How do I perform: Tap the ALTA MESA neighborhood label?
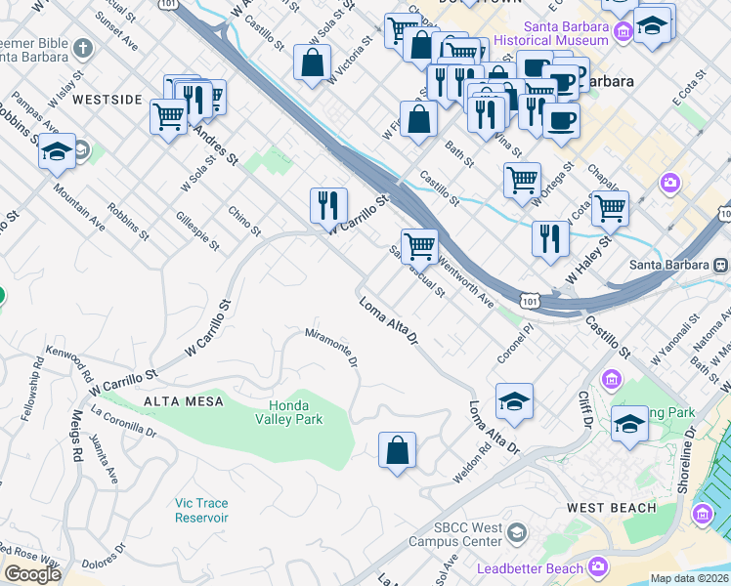pyautogui.click(x=184, y=401)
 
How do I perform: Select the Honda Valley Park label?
pyautogui.click(x=288, y=412)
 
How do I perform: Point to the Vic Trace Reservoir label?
pyautogui.click(x=201, y=510)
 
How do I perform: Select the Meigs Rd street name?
pyautogui.click(x=75, y=443)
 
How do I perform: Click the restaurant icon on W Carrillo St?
pyautogui.click(x=329, y=205)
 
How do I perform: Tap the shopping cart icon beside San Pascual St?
pyautogui.click(x=419, y=245)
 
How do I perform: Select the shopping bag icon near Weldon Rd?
pyautogui.click(x=397, y=451)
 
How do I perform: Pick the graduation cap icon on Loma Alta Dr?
pyautogui.click(x=514, y=400)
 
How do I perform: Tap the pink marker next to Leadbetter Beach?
pyautogui.click(x=598, y=567)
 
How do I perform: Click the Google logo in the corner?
pyautogui.click(x=32, y=574)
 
